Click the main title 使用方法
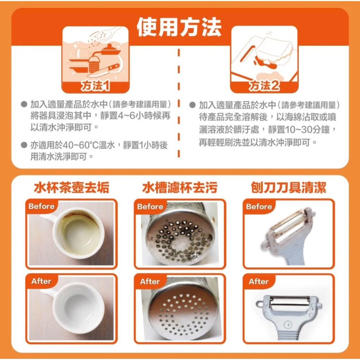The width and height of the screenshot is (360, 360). pyautogui.click(x=179, y=27)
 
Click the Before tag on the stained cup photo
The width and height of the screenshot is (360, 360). pyautogui.click(x=41, y=207)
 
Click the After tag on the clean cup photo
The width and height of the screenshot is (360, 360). pyautogui.click(x=41, y=282)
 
